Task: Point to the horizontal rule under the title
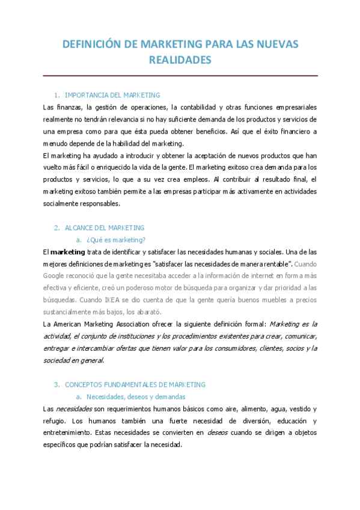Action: click(x=180, y=76)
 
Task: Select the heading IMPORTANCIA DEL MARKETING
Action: click(x=112, y=95)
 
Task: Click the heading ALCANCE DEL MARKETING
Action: click(x=105, y=228)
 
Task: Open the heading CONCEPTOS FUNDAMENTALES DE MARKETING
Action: click(x=135, y=384)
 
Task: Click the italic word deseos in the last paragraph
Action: click(x=218, y=433)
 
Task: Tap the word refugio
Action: click(x=55, y=421)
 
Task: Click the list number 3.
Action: click(x=56, y=384)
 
